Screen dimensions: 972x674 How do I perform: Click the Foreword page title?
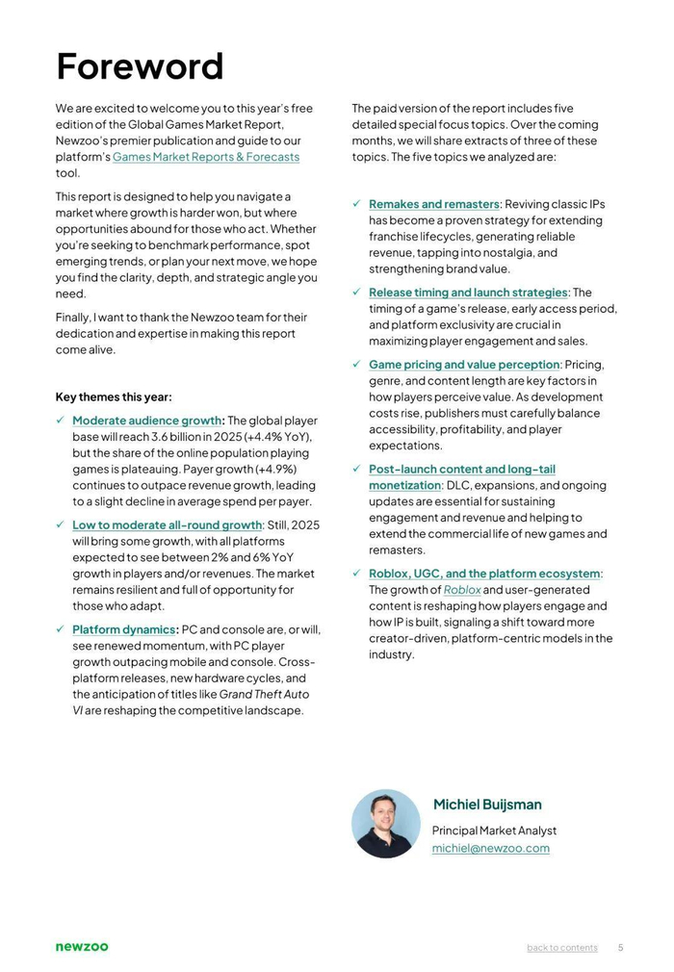pyautogui.click(x=140, y=67)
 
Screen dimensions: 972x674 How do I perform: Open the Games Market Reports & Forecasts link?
pyautogui.click(x=206, y=157)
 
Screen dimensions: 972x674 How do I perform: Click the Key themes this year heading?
pyautogui.click(x=114, y=396)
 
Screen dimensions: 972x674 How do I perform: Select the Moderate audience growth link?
pyautogui.click(x=146, y=421)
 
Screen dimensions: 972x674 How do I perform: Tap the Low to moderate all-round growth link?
pyautogui.click(x=167, y=525)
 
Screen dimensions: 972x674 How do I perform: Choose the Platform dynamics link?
pyautogui.click(x=123, y=629)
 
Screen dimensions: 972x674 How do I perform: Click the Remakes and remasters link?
pyautogui.click(x=433, y=204)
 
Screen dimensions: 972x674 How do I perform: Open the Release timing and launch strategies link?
pyautogui.click(x=468, y=293)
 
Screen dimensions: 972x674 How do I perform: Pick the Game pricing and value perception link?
pyautogui.click(x=463, y=365)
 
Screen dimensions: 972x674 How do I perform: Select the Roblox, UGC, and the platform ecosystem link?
pyautogui.click(x=483, y=574)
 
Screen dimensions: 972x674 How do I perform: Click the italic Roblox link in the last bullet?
pyautogui.click(x=462, y=590)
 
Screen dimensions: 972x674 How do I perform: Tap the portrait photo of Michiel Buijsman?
pyautogui.click(x=385, y=824)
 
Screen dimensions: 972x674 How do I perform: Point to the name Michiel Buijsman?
pyautogui.click(x=487, y=805)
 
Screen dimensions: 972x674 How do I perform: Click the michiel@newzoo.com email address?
pyautogui.click(x=490, y=848)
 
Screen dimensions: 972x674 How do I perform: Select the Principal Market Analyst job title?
pyautogui.click(x=494, y=831)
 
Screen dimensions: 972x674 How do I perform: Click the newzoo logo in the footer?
pyautogui.click(x=82, y=947)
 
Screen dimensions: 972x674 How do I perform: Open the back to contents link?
pyautogui.click(x=561, y=948)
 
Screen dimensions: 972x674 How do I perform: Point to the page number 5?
pyautogui.click(x=620, y=948)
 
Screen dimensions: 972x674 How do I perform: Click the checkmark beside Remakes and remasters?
pyautogui.click(x=356, y=204)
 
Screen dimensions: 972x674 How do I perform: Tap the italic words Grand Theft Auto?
pyautogui.click(x=264, y=694)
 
